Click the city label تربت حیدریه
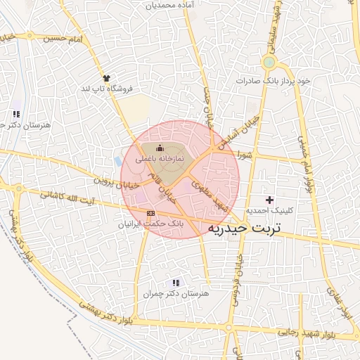(x=243, y=229)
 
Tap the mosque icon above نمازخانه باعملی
(x=160, y=148)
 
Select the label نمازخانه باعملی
(x=160, y=159)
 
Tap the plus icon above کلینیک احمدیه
(x=269, y=200)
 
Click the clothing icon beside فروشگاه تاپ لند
(x=106, y=78)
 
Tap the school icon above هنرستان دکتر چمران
(x=167, y=283)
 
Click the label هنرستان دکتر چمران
(x=167, y=294)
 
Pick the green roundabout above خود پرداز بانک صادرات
(x=268, y=63)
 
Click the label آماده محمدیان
(x=171, y=5)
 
